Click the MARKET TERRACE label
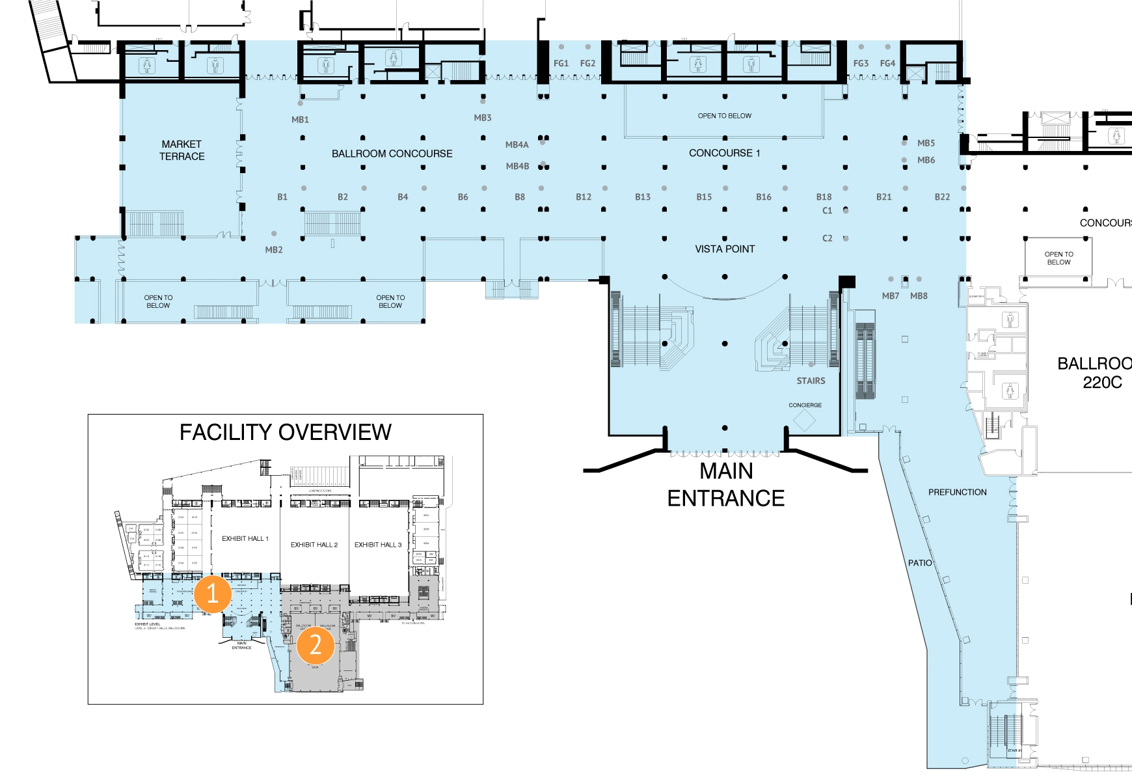click(x=182, y=150)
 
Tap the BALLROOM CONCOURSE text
click(x=392, y=154)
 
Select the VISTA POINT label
click(x=725, y=249)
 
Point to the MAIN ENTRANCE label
click(x=725, y=485)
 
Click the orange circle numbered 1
click(x=212, y=594)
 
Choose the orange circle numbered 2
click(x=316, y=645)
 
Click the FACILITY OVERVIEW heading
click(x=285, y=432)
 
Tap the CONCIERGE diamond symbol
click(x=804, y=420)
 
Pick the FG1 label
click(x=561, y=64)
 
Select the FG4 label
click(x=887, y=64)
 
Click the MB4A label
click(x=517, y=145)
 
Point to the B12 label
click(x=584, y=197)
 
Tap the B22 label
click(x=942, y=197)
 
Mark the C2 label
click(x=828, y=239)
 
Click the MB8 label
click(x=919, y=296)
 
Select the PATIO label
click(x=920, y=563)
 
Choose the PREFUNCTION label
click(x=957, y=493)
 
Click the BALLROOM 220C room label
click(x=1099, y=373)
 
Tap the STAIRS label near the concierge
click(x=811, y=381)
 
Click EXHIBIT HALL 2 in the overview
click(x=314, y=545)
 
